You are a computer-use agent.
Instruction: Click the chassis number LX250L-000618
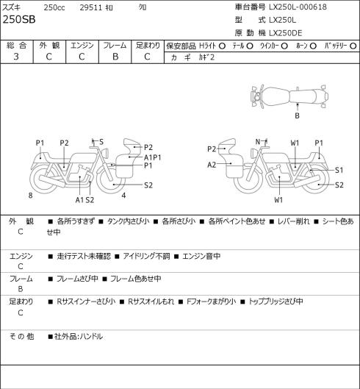pos(298,7)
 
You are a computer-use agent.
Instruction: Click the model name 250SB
pos(19,20)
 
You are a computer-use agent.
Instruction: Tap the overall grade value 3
pos(16,57)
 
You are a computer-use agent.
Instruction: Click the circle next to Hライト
pos(222,46)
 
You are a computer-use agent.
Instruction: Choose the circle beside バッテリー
pos(353,46)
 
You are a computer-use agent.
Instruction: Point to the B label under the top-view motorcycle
pos(297,115)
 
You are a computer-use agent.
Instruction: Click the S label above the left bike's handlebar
pos(101,142)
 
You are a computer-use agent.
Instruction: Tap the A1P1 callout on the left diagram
pos(153,157)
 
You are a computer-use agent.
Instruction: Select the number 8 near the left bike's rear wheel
pos(31,196)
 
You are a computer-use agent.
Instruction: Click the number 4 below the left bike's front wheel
pos(123,196)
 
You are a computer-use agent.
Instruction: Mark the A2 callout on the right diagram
pos(212,165)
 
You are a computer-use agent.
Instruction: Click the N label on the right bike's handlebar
pos(258,142)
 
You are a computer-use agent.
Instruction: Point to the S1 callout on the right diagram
pos(339,170)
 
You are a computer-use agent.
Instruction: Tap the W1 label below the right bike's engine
pos(278,200)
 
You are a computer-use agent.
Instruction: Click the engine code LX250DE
pos(286,33)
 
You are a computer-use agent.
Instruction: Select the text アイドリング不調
pos(146,256)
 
